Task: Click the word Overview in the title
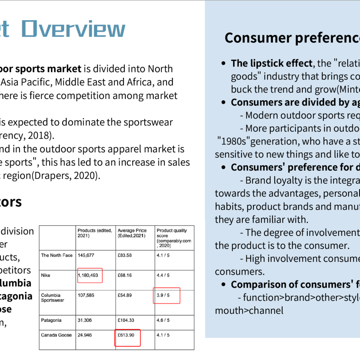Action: point(73,29)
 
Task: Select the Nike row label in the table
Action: point(45,275)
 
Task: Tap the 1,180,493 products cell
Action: point(88,275)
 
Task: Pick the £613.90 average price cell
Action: point(126,335)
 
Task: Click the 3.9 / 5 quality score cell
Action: point(163,295)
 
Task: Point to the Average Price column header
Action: point(132,233)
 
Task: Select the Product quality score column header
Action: point(174,238)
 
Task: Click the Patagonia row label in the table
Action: point(51,320)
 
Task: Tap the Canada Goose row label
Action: point(56,335)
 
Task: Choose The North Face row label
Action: point(57,255)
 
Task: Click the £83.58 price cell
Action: point(125,255)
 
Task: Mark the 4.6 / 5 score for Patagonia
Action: point(163,320)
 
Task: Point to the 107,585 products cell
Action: point(86,295)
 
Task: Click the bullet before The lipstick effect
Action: point(224,63)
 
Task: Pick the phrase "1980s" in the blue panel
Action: point(234,141)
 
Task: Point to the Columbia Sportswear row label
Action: point(53,298)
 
